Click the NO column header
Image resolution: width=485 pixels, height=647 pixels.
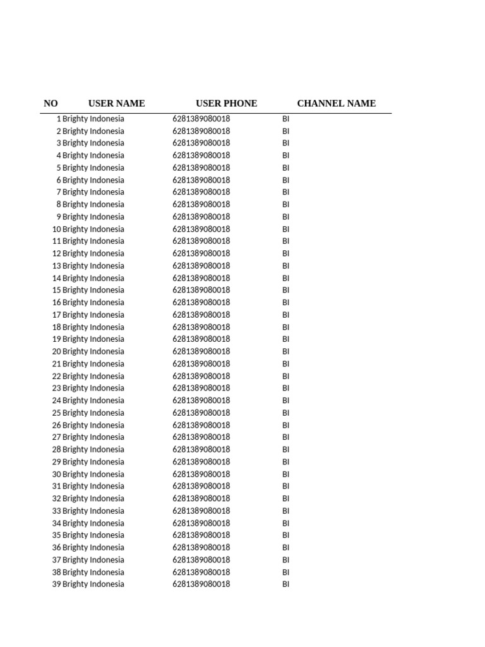[51, 104]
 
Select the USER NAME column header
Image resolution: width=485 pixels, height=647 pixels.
[116, 104]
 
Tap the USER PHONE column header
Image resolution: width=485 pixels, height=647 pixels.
[226, 104]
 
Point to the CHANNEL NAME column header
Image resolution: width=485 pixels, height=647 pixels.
[336, 104]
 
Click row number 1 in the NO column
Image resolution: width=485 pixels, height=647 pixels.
[59, 119]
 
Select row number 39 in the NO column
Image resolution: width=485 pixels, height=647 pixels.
[56, 584]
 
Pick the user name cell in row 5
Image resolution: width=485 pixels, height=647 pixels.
[93, 168]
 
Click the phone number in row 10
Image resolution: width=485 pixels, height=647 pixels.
[201, 229]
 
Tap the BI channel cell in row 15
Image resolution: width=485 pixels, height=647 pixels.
[285, 291]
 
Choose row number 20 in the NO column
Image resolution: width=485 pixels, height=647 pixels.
[56, 352]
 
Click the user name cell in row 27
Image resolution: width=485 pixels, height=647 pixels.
[93, 437]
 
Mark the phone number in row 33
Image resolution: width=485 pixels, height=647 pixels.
[201, 511]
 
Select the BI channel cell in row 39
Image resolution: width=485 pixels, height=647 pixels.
[285, 584]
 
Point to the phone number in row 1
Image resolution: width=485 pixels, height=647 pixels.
[201, 119]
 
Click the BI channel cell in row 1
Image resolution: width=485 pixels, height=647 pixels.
[285, 119]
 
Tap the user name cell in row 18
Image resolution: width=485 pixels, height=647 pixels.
[93, 327]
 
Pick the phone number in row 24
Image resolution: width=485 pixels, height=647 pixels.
[201, 401]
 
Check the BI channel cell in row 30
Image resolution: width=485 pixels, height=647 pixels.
[285, 475]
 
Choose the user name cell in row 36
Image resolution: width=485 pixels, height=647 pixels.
[93, 548]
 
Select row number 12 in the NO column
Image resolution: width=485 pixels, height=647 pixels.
[56, 254]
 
